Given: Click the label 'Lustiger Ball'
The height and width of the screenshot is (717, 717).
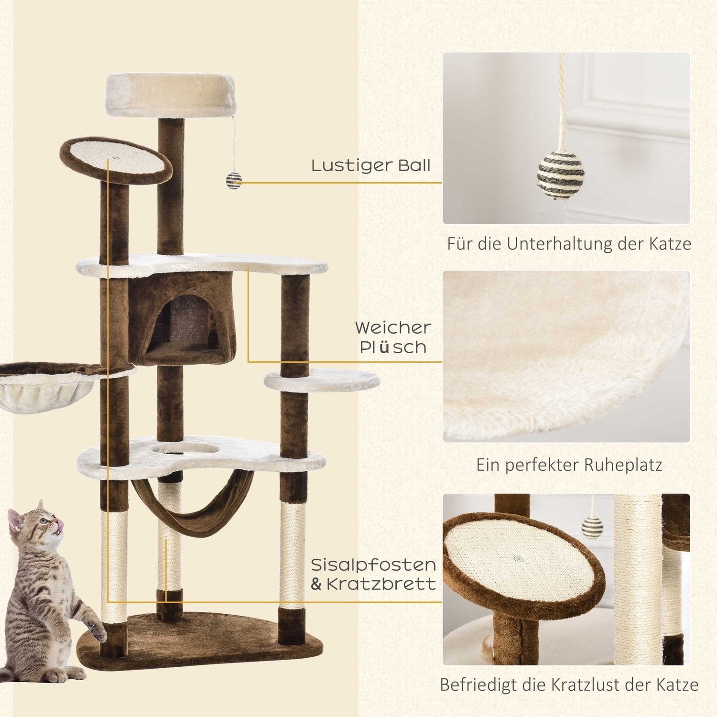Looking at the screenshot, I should (371, 166).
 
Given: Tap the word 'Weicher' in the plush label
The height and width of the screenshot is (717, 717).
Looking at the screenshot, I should (393, 328).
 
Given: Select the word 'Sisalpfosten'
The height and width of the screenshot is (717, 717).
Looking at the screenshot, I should (373, 565).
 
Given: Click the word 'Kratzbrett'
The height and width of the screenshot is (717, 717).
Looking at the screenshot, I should (381, 584).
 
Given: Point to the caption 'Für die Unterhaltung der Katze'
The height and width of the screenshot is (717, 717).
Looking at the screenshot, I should (569, 244).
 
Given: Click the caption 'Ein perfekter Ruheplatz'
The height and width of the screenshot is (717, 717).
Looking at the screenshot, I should (569, 465).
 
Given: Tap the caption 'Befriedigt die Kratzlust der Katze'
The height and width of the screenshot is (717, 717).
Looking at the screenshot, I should (569, 684).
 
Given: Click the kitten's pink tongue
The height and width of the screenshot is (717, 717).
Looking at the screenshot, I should (59, 526).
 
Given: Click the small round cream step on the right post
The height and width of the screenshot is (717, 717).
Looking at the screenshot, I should (321, 381).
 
